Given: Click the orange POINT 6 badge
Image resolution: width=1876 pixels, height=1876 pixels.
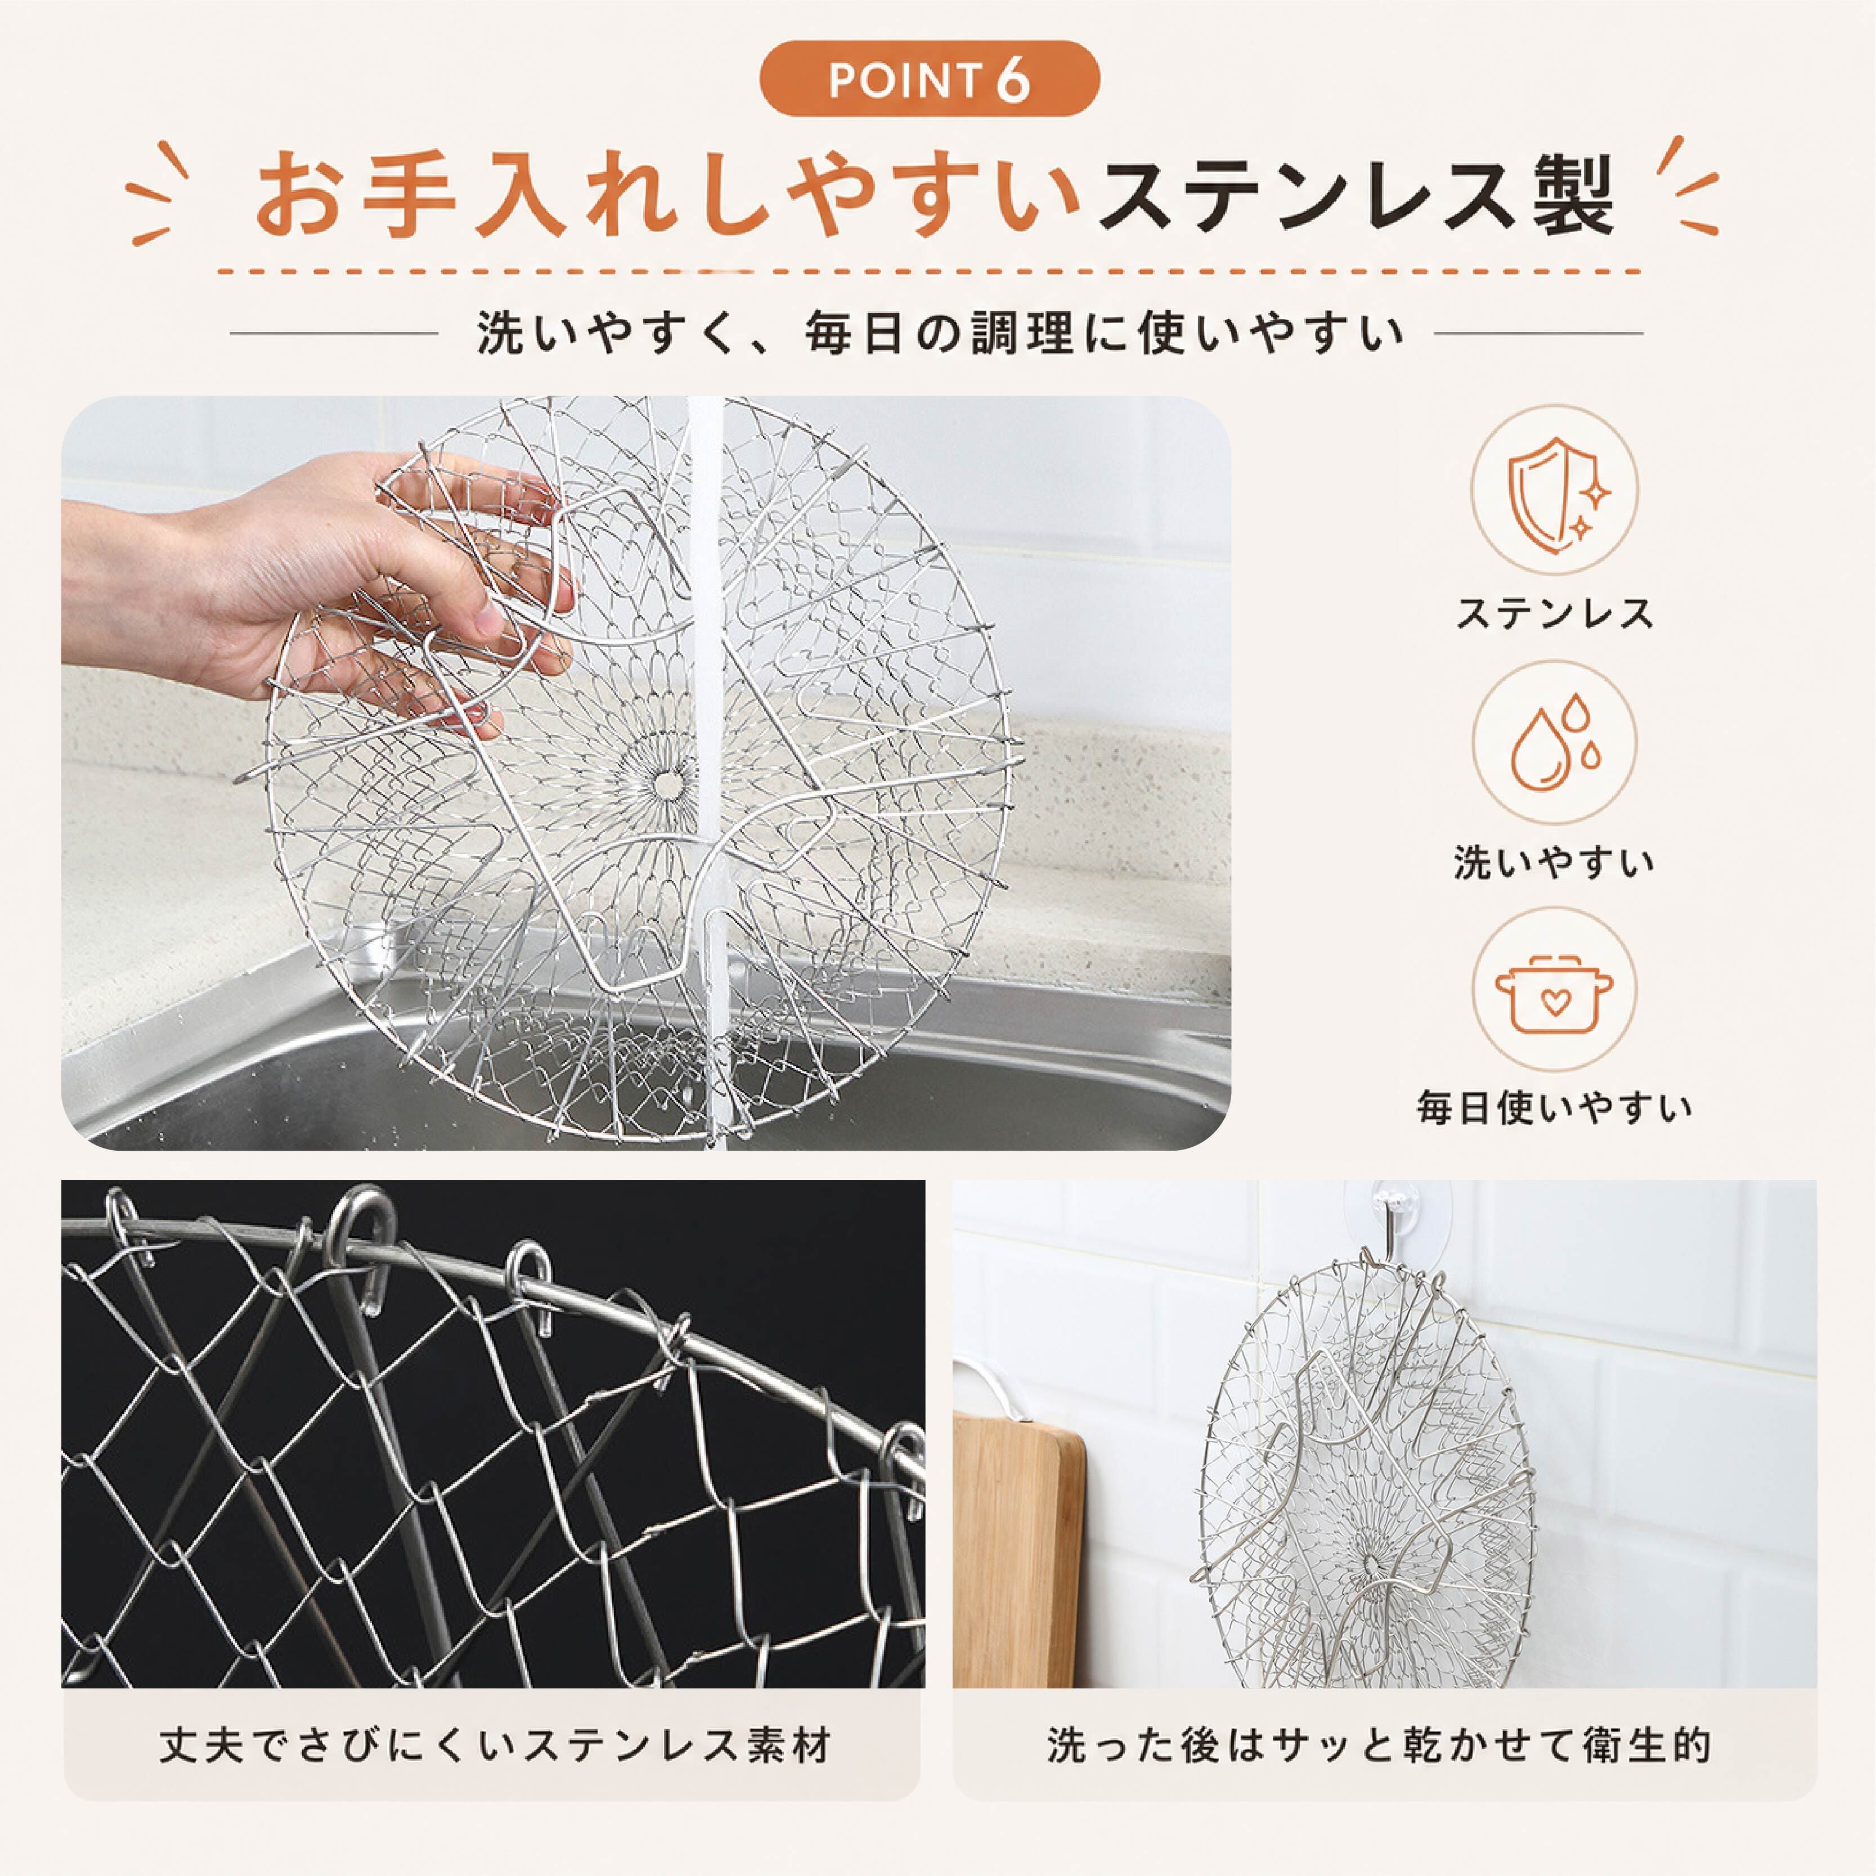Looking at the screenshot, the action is tap(929, 80).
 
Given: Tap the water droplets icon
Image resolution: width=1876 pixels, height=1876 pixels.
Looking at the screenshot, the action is tap(1555, 741).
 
